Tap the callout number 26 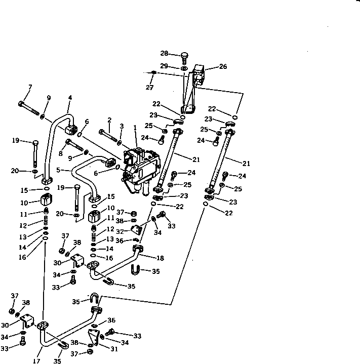[x=223, y=66]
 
